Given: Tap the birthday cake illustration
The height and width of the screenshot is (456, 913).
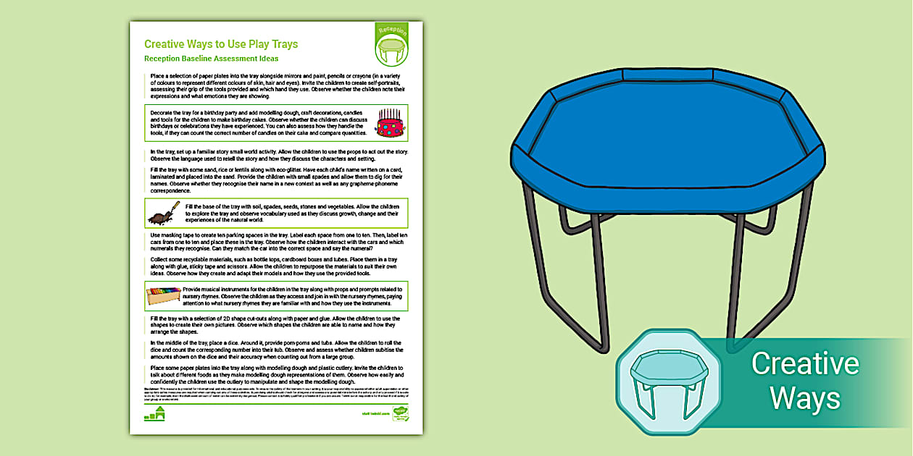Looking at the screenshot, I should click(390, 122).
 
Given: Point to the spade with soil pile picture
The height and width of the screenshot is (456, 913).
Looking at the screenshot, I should click(160, 214).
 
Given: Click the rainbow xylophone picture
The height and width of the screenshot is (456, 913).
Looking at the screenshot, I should click(163, 295).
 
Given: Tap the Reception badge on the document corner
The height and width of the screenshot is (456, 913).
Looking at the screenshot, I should click(392, 43).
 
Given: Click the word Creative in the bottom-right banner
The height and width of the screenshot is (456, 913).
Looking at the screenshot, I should click(804, 363).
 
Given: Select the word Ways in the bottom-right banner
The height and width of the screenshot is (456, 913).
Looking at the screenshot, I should click(804, 397).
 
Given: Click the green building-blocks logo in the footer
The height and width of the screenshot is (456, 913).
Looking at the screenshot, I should click(155, 414).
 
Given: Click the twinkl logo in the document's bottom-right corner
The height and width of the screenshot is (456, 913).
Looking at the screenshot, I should click(399, 413).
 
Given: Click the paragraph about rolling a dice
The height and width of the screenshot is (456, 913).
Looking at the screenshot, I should click(275, 349).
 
